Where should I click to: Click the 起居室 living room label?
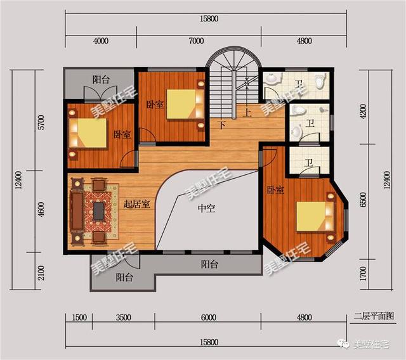coord(136,204)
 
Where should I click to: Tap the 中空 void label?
coord(206,208)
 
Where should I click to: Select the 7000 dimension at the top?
coord(196,41)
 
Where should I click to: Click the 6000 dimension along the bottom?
coord(208,318)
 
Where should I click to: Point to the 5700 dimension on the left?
coord(41,122)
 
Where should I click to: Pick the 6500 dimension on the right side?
coord(363,200)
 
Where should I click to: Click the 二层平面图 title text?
coord(374,316)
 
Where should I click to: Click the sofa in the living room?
coord(77,211)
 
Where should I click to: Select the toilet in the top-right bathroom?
coord(320,81)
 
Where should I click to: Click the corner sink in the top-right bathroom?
coord(272,78)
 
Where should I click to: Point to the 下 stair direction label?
coord(222,125)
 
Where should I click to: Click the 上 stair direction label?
coord(247,112)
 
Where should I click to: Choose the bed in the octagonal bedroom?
coord(315,216)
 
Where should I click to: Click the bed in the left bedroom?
coord(88,133)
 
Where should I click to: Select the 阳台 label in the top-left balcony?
coord(101,79)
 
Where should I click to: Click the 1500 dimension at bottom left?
coord(79,318)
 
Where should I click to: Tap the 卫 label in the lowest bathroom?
coord(308,163)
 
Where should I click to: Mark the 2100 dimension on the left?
coord(41,273)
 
